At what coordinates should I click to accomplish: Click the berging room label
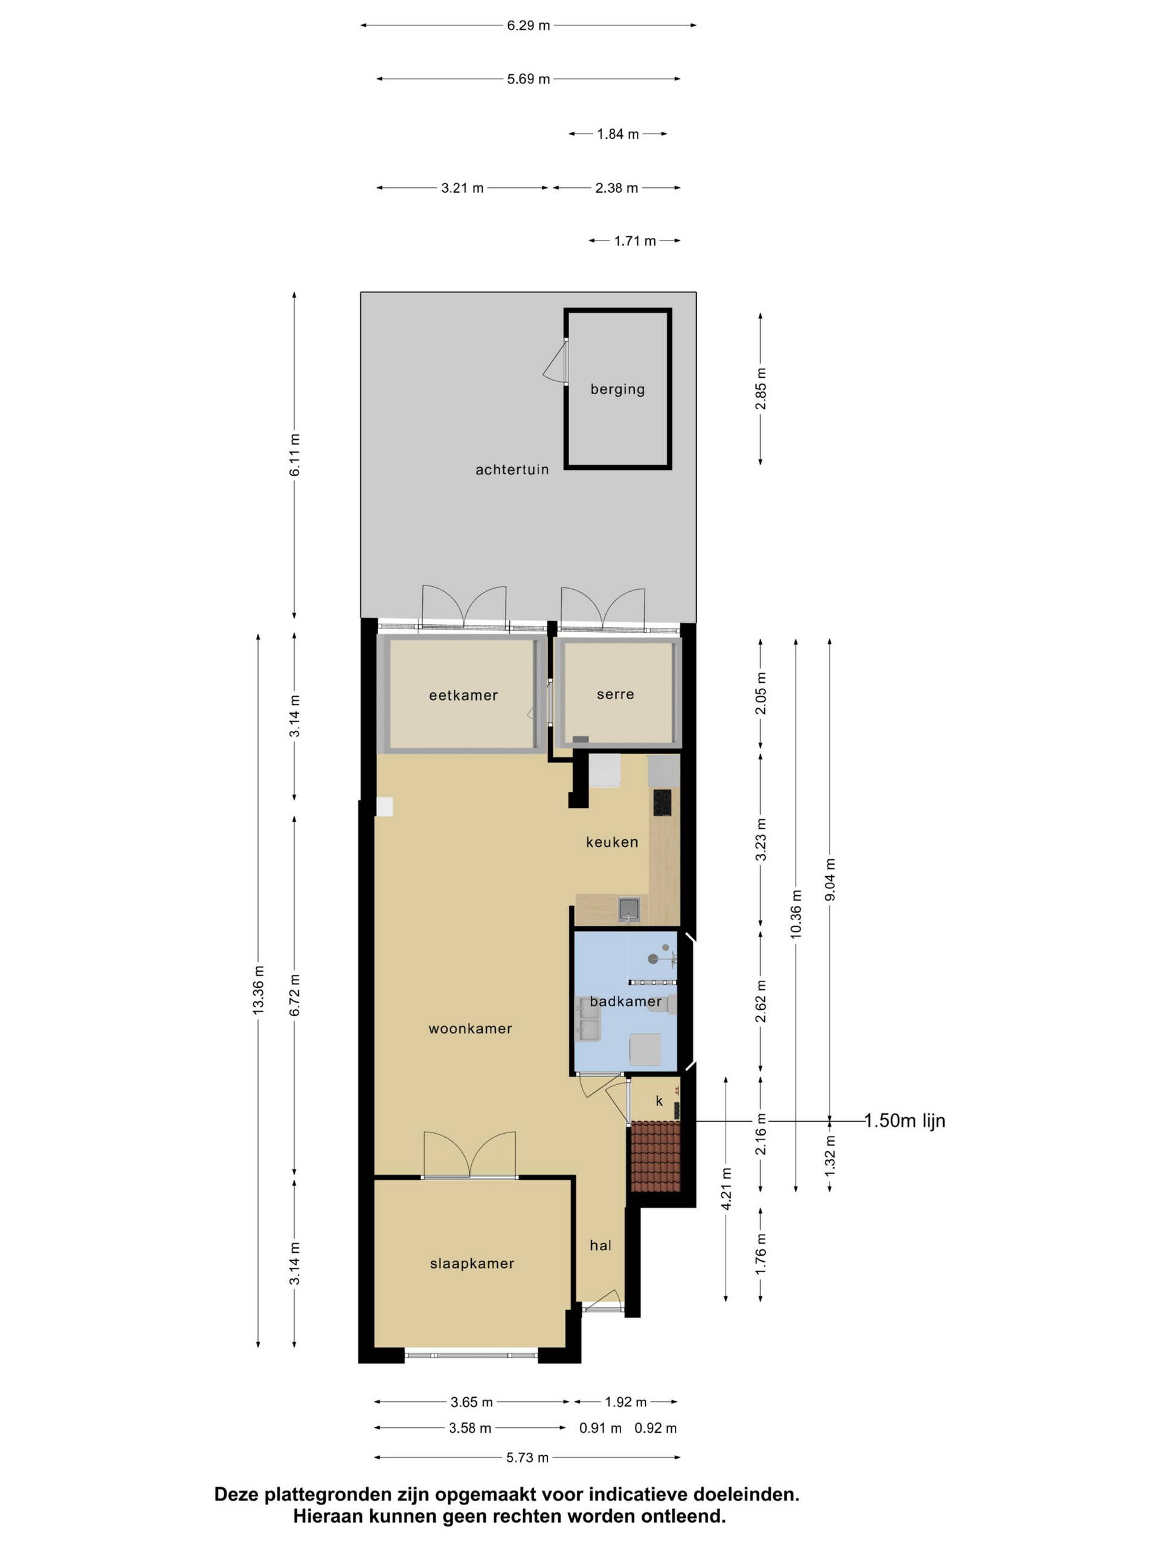pyautogui.click(x=617, y=390)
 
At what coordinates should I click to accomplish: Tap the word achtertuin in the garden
pyautogui.click(x=512, y=470)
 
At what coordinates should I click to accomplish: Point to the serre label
pyautogui.click(x=615, y=694)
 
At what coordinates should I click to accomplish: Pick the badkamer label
pyautogui.click(x=625, y=1001)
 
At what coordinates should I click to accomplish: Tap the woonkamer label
pyautogui.click(x=470, y=1029)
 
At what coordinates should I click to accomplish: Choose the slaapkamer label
pyautogui.click(x=472, y=1264)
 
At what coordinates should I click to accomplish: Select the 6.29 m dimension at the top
pyautogui.click(x=529, y=26)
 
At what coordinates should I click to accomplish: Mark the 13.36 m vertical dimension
pyautogui.click(x=259, y=991)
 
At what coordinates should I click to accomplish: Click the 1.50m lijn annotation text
pyautogui.click(x=905, y=1121)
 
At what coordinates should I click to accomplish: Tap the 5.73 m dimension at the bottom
pyautogui.click(x=527, y=1458)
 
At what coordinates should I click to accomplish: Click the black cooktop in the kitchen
pyautogui.click(x=662, y=803)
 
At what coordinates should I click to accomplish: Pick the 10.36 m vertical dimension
pyautogui.click(x=796, y=915)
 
